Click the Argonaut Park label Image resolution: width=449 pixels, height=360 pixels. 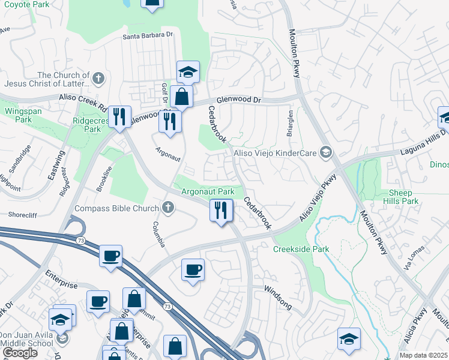208,192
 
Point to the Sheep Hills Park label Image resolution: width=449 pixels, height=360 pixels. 400,197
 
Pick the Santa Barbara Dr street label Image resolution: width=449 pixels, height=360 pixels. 148,35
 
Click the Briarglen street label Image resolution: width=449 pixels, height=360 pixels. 290,123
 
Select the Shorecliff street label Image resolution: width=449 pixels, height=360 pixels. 23,214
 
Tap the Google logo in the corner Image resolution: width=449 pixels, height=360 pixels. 20,353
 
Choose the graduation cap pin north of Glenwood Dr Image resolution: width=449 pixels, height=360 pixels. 188,72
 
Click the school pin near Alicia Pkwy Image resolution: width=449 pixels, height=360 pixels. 349,339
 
